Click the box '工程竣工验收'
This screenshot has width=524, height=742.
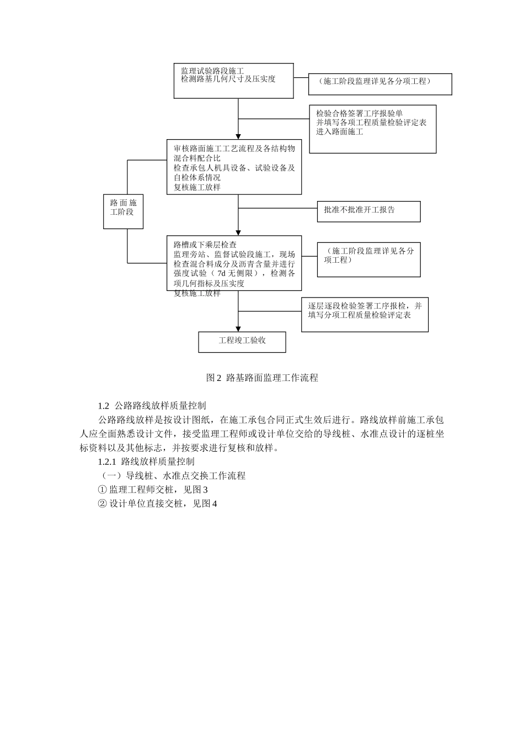242,341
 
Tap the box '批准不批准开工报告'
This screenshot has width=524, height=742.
368,211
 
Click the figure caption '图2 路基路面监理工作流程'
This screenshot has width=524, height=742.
262,378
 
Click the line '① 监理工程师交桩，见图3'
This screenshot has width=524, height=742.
152,490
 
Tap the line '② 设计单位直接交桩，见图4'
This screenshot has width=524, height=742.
157,504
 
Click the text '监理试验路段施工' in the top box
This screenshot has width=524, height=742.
212,71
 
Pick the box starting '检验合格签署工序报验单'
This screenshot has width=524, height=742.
372,129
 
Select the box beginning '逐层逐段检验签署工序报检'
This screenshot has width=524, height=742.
365,315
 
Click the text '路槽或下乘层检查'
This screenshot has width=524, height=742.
205,245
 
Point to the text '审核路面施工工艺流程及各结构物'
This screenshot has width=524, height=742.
234,149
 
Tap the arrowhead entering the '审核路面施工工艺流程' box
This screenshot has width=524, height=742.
238,136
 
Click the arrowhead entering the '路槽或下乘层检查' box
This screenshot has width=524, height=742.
238,232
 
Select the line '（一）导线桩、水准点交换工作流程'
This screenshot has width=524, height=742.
172,476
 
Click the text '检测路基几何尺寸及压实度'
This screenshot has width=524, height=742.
228,79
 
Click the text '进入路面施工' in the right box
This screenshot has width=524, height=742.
340,132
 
